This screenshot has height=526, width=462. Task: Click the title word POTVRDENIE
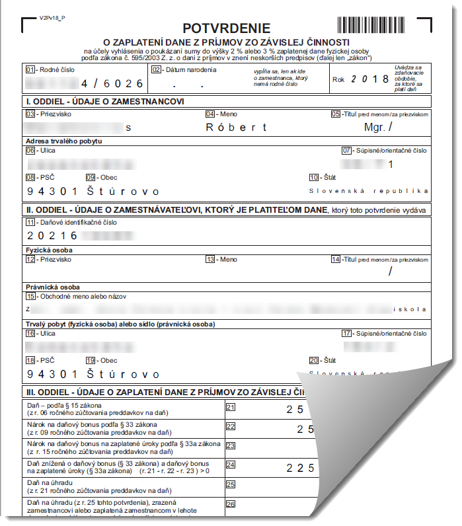(226, 28)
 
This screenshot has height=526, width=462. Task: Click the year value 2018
(371, 79)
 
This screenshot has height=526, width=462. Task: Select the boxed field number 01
(30, 69)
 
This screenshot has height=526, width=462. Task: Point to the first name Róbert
(237, 128)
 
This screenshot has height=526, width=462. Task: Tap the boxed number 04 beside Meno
(210, 114)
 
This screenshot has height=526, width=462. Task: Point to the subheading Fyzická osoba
(49, 250)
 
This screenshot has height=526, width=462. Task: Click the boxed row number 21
(231, 407)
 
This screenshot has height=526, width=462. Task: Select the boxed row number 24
(231, 465)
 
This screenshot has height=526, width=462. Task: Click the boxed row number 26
(231, 504)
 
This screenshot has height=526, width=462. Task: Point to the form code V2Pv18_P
(53, 20)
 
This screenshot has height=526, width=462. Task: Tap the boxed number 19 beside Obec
(91, 360)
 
